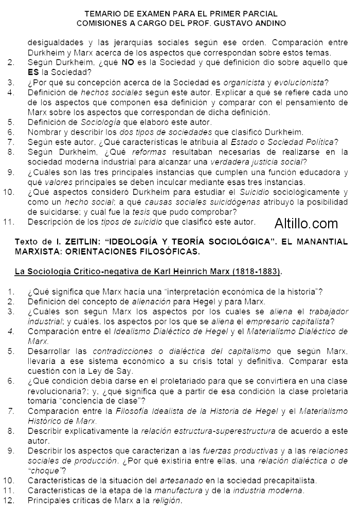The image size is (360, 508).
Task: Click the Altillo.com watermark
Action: [306, 223]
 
